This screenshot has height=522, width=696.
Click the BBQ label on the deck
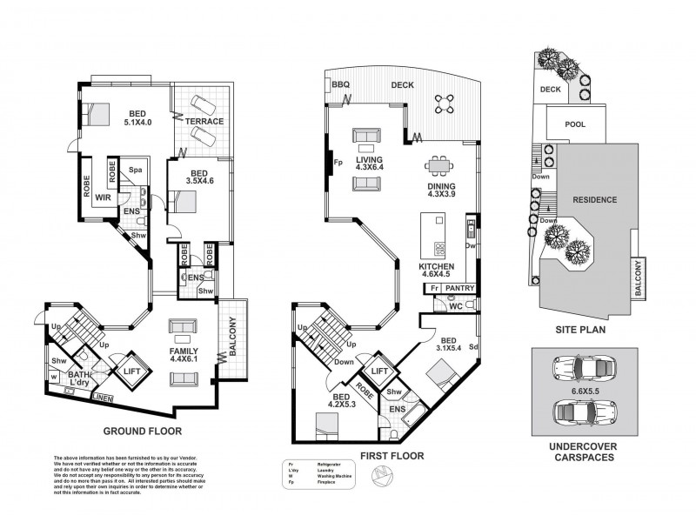340,84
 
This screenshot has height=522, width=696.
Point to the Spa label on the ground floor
136,170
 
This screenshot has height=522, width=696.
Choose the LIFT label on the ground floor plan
131,370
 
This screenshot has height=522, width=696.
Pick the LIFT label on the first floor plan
379,371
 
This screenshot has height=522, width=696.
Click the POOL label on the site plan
574,124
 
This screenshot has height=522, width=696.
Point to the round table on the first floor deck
445,104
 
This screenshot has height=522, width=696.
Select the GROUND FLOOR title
142,431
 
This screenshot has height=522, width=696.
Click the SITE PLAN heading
579,331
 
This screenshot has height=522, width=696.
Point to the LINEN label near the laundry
102,398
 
